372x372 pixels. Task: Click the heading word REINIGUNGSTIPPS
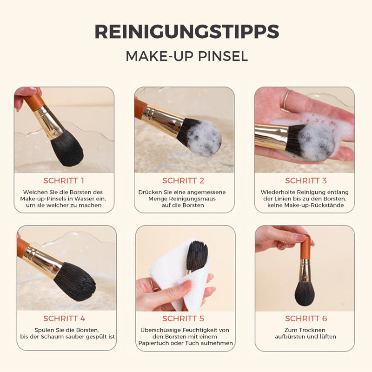tap(187, 32)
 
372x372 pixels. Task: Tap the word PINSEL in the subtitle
tap(223, 56)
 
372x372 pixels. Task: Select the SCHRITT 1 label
tap(64, 181)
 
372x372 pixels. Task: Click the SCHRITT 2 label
tap(183, 181)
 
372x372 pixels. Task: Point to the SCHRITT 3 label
tap(306, 181)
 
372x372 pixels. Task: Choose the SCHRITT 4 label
tap(64, 319)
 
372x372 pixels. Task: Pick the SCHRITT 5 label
tap(183, 319)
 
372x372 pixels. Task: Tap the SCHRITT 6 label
tap(306, 319)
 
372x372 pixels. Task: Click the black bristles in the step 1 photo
tap(67, 149)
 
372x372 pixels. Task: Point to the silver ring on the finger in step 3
tap(286, 100)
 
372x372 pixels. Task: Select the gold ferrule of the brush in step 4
tap(43, 260)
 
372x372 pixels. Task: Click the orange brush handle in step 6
tap(305, 247)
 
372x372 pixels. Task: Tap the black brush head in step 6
tap(305, 293)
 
